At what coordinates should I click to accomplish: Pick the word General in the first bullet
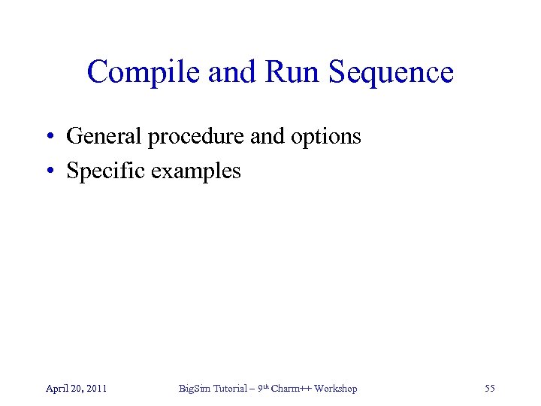click(104, 137)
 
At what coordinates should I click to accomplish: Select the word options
click(328, 137)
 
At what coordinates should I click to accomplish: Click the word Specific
click(106, 171)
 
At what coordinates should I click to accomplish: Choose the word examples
click(196, 171)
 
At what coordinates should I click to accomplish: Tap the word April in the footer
click(57, 389)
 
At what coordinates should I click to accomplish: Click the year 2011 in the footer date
click(95, 389)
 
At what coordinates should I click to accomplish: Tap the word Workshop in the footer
click(336, 389)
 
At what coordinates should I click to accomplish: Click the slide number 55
click(490, 389)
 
